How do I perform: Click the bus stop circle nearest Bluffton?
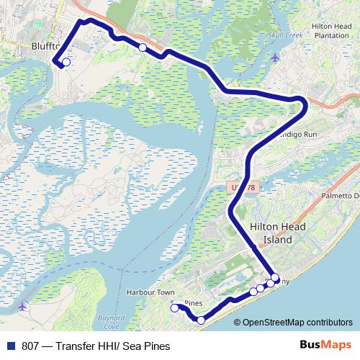click(66, 63)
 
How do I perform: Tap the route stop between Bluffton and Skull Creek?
click(143, 48)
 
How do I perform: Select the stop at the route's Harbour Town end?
click(174, 308)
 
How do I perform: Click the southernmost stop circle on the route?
click(201, 320)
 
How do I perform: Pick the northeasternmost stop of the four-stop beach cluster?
click(275, 277)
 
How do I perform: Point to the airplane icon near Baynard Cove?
click(22, 307)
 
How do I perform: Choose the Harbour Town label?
click(150, 292)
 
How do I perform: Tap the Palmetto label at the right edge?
click(339, 195)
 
